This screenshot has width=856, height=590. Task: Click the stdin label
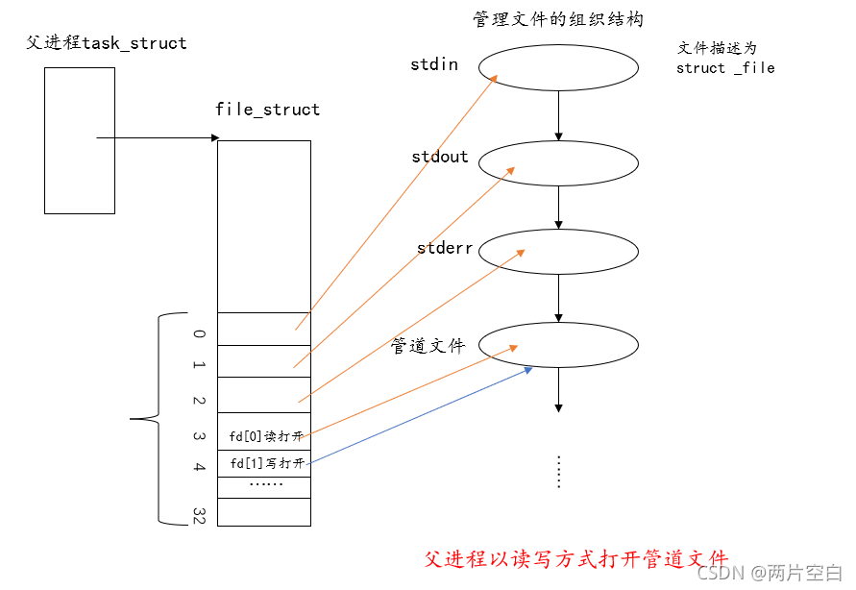tap(434, 65)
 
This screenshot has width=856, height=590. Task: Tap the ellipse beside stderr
tap(558, 251)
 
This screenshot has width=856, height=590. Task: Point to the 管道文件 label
tap(428, 346)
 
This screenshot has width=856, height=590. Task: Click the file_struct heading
tap(267, 110)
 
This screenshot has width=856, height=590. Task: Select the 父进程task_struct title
tap(107, 43)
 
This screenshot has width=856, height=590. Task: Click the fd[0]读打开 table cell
tap(265, 436)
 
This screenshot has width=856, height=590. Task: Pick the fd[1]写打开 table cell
tap(265, 464)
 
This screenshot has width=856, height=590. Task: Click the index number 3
tap(199, 435)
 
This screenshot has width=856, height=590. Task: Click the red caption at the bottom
tap(576, 559)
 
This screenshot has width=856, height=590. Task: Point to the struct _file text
tap(725, 68)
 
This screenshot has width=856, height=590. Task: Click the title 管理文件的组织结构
tap(558, 19)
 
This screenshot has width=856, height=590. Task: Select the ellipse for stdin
tap(558, 66)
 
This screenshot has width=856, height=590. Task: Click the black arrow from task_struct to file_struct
tap(158, 137)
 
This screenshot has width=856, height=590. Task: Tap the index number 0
tap(199, 334)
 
